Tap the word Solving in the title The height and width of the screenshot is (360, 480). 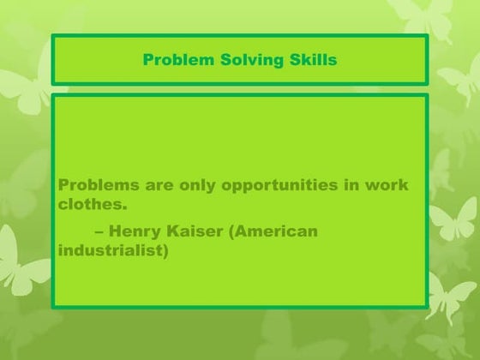(245, 60)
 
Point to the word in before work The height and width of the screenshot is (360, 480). (351, 186)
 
